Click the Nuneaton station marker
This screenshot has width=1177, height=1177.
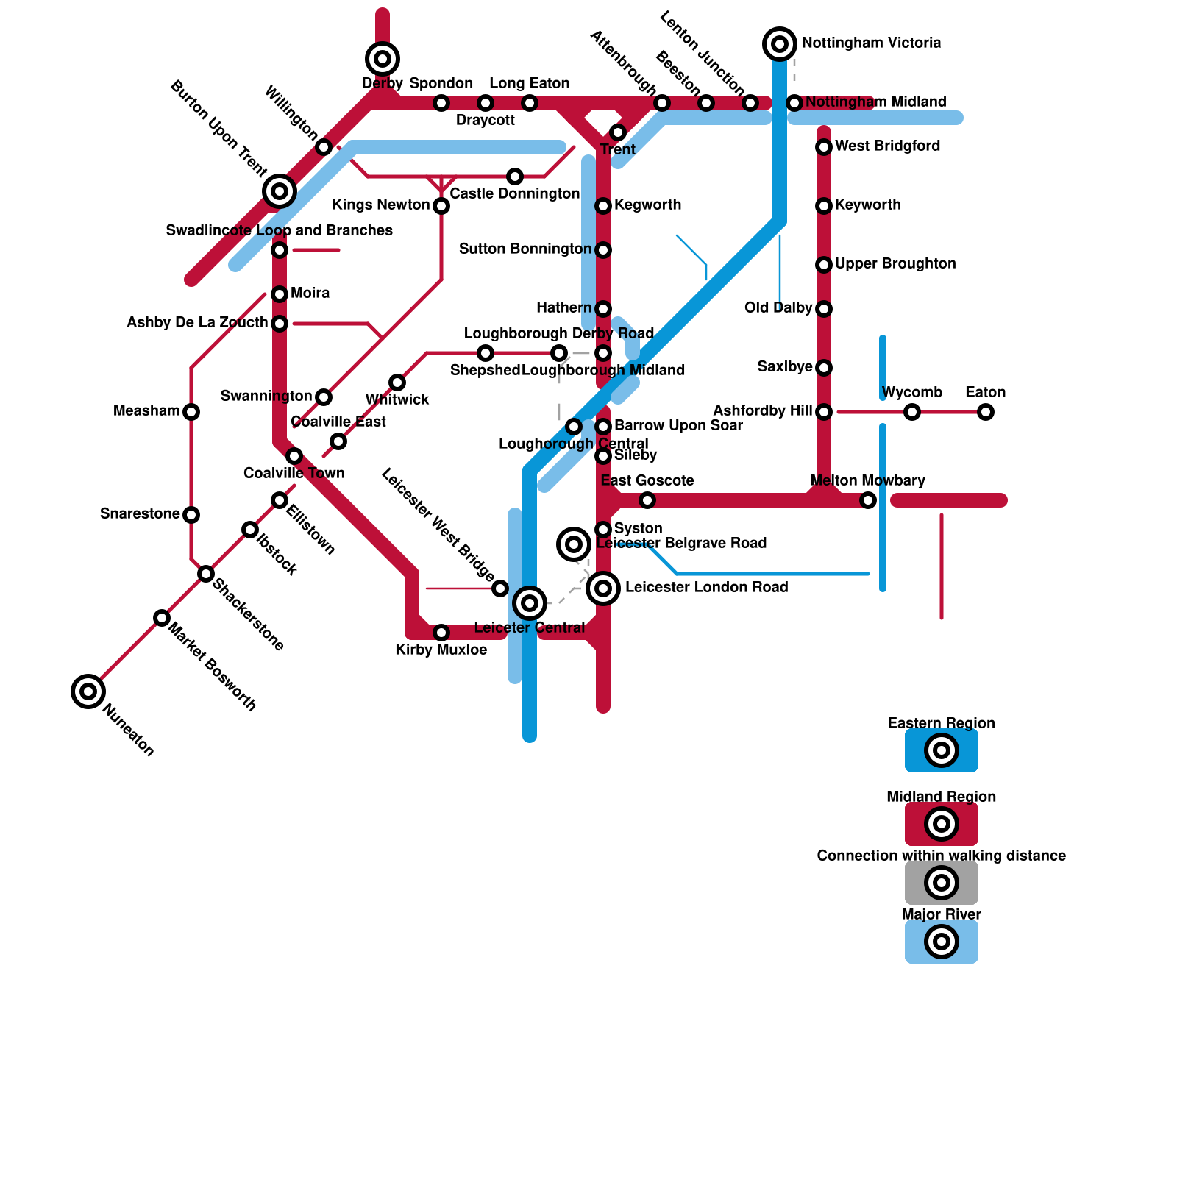click(88, 691)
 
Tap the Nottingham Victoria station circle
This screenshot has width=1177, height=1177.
click(780, 44)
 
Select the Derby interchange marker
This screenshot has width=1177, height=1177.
click(383, 59)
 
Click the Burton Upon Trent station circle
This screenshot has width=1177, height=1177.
click(280, 191)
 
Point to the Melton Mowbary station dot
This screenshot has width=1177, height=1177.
click(868, 500)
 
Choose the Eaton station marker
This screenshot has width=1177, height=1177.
click(986, 412)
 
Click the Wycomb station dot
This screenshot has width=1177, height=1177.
click(912, 412)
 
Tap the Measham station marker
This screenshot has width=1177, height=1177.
click(191, 412)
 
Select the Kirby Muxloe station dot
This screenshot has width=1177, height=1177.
click(441, 633)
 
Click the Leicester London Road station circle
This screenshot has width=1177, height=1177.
click(603, 588)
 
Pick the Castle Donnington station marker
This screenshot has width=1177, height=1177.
click(515, 177)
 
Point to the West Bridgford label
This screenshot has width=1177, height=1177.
click(887, 146)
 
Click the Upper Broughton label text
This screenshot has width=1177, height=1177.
click(895, 263)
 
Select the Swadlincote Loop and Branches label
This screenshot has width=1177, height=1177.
click(280, 230)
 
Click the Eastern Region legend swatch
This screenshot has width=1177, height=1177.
click(942, 750)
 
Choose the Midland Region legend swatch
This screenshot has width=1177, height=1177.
click(942, 824)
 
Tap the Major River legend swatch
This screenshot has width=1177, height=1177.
click(942, 942)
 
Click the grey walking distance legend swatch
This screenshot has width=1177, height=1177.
click(942, 883)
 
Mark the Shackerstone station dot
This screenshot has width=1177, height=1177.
click(206, 574)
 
